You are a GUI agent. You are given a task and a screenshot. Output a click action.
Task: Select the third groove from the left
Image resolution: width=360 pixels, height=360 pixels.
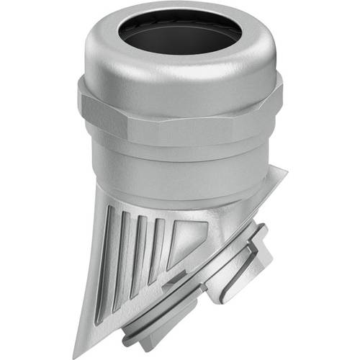click(142, 248)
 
